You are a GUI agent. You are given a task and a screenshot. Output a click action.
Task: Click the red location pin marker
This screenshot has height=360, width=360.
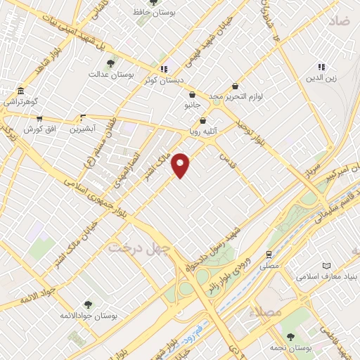(181, 165)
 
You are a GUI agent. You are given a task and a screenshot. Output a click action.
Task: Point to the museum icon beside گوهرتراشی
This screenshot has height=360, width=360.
(19, 93)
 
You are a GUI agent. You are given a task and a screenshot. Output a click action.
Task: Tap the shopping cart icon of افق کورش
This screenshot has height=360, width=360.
(39, 120)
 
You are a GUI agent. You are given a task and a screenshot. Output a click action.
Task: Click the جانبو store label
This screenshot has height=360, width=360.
(193, 105)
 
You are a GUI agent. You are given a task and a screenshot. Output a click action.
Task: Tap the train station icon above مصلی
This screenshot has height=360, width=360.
(269, 255)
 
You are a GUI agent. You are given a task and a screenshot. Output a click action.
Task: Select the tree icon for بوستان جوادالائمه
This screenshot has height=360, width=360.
(88, 304)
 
